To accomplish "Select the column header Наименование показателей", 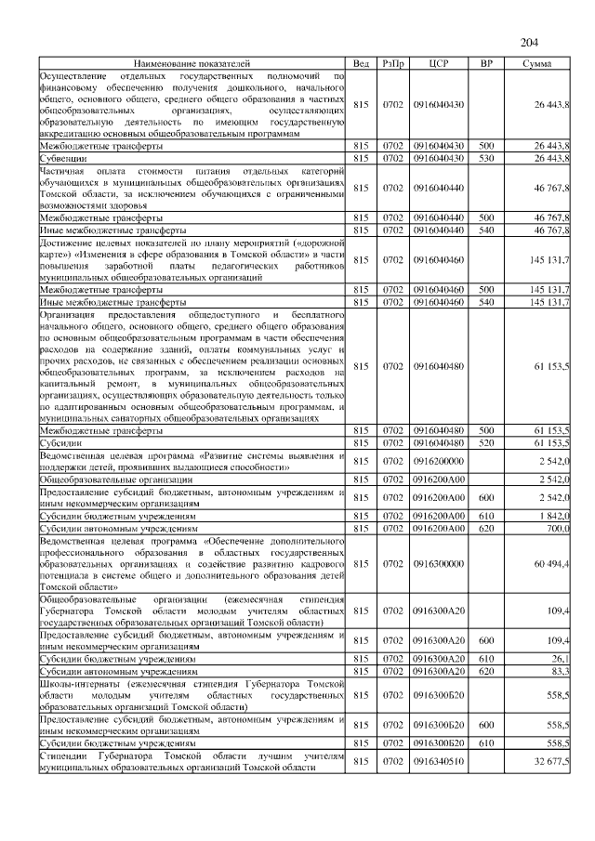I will pyautogui.click(x=192, y=63).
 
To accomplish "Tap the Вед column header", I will pyautogui.click(x=361, y=63).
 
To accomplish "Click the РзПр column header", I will pyautogui.click(x=392, y=63).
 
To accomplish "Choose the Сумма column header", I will pyautogui.click(x=536, y=63).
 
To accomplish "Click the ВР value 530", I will pyautogui.click(x=485, y=159).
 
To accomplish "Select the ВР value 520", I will pyautogui.click(x=485, y=443).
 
